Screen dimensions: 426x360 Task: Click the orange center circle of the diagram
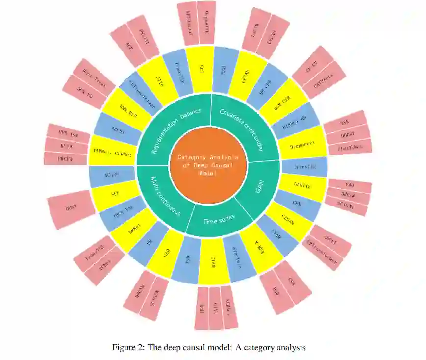(x=208, y=162)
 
